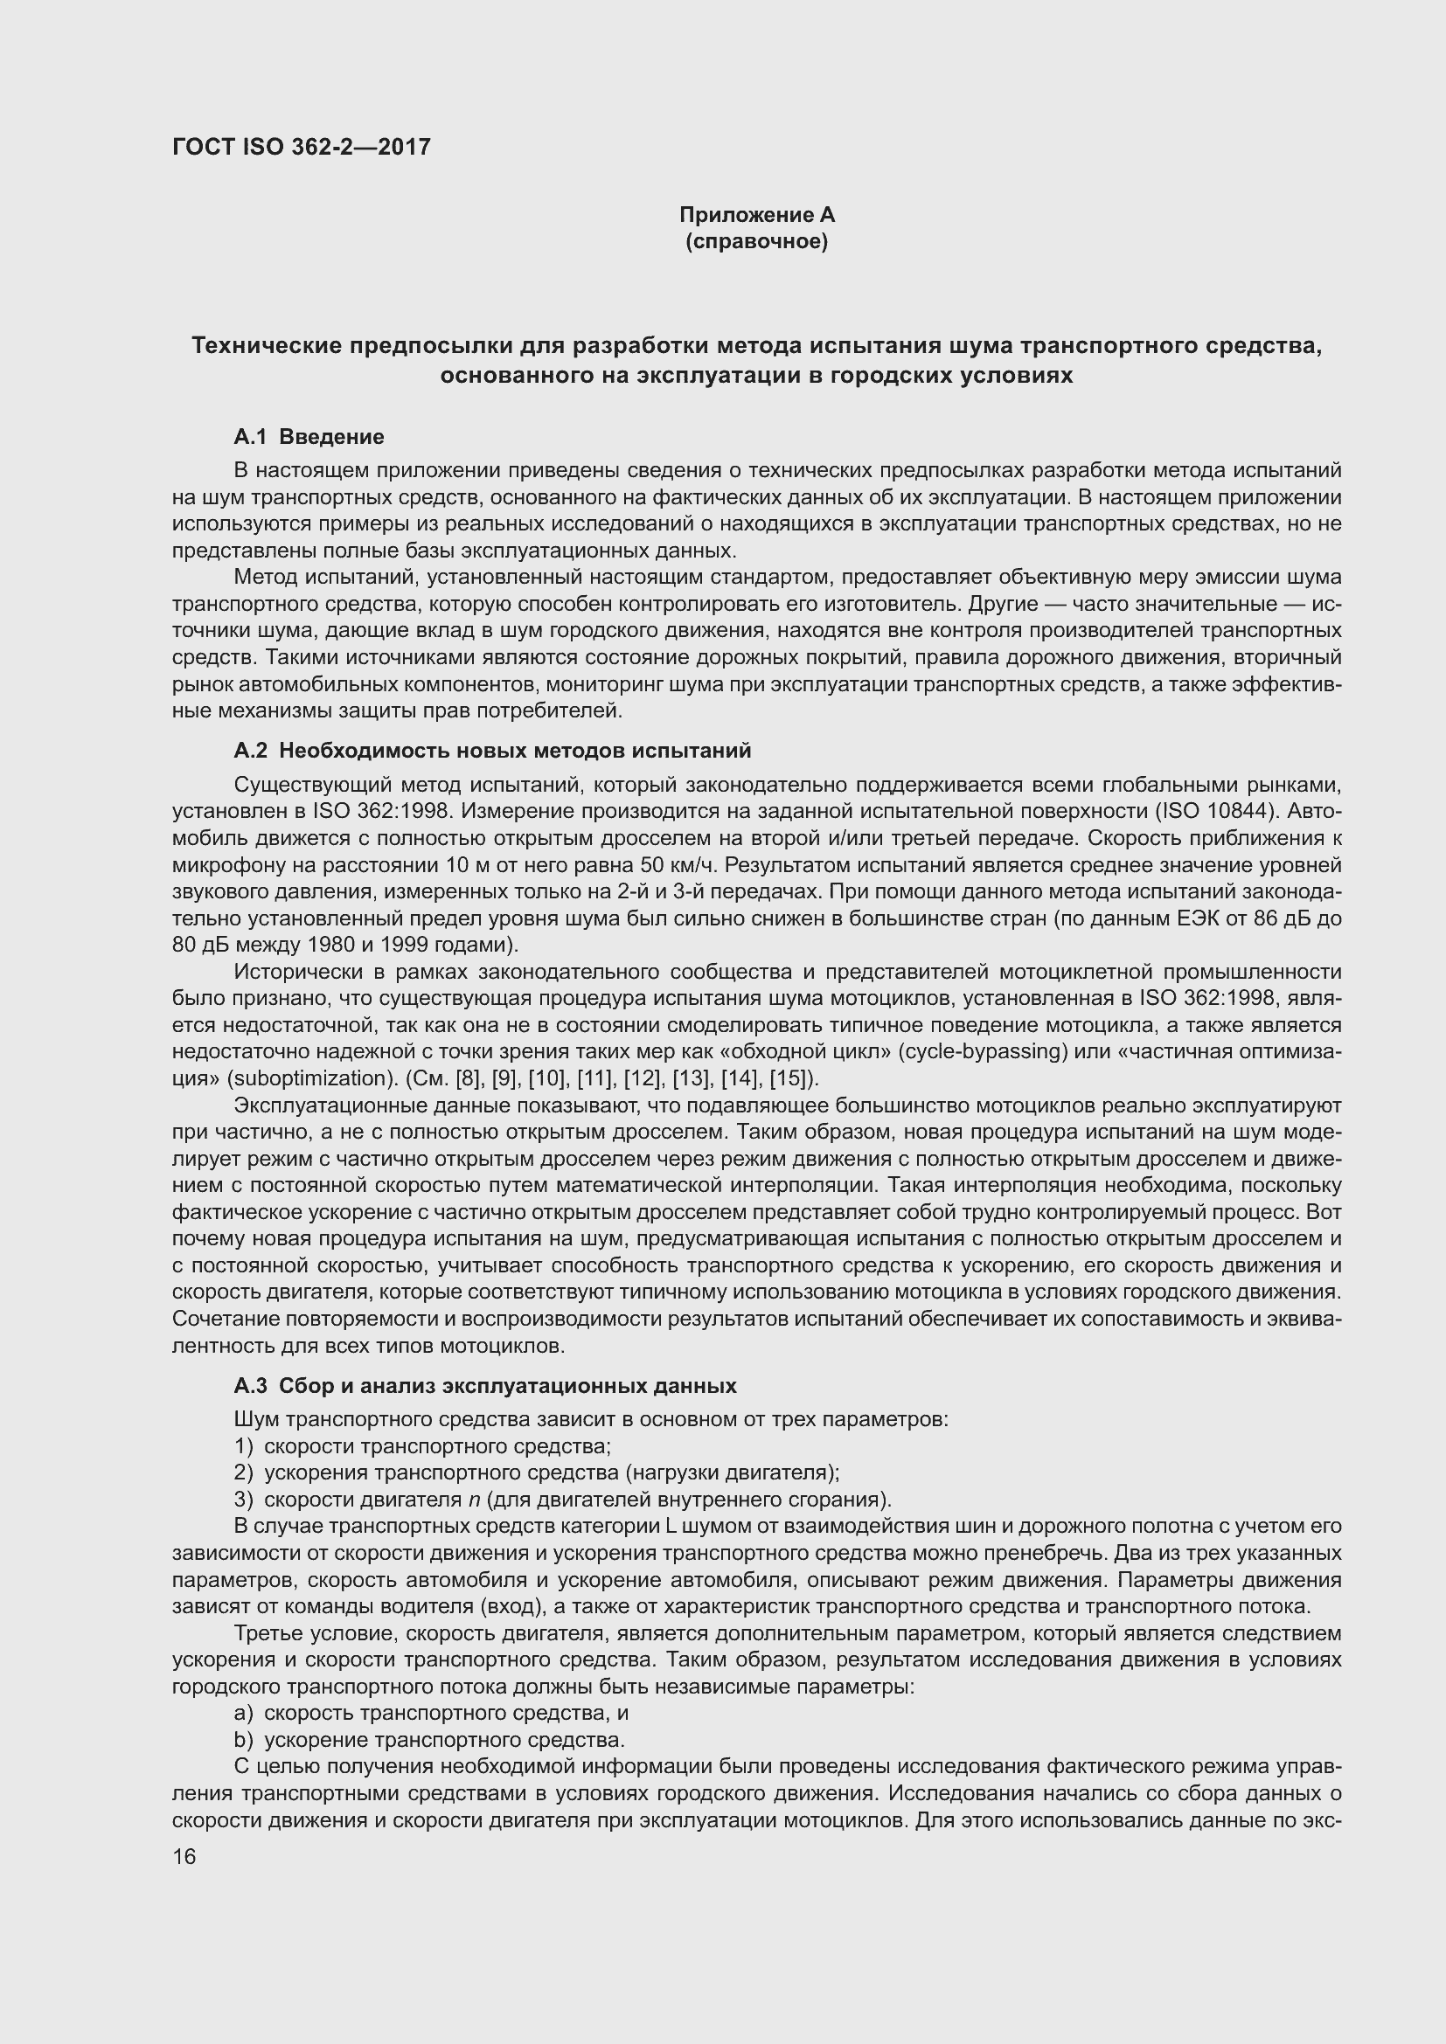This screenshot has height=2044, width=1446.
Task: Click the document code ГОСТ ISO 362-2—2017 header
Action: tap(301, 147)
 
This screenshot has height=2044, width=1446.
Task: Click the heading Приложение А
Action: tap(757, 215)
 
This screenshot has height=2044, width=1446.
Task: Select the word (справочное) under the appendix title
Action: tap(757, 241)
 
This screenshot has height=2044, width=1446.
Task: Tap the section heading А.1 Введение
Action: tap(309, 437)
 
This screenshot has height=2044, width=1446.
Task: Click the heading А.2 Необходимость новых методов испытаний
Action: tap(492, 751)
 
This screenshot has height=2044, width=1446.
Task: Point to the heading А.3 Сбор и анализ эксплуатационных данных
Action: tap(485, 1386)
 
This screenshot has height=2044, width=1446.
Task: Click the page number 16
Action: tap(184, 1857)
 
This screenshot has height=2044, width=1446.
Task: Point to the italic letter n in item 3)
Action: tap(475, 1500)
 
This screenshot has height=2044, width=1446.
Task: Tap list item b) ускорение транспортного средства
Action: tap(430, 1741)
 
